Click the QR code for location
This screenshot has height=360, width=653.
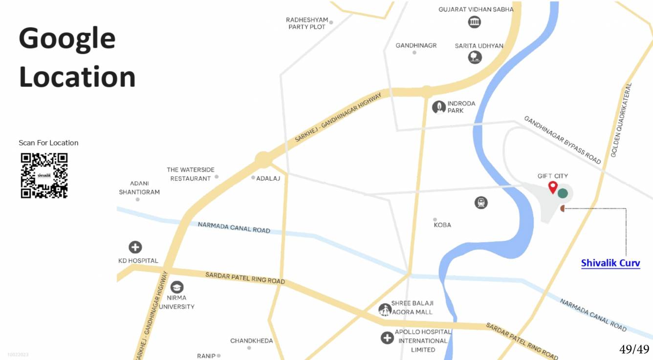click(x=44, y=176)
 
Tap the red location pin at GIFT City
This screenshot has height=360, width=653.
click(x=553, y=187)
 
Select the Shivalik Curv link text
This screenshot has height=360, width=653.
click(x=610, y=263)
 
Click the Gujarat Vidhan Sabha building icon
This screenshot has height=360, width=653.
click(x=474, y=21)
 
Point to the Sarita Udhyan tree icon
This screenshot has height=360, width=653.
click(x=475, y=58)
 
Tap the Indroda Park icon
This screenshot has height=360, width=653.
click(x=439, y=107)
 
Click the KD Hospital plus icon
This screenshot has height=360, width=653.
click(x=135, y=247)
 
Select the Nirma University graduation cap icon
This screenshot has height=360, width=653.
click(x=177, y=287)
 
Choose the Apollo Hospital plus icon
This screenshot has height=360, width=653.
click(x=387, y=338)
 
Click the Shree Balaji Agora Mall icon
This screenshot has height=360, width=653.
click(x=385, y=309)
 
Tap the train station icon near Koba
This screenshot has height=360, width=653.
click(x=481, y=203)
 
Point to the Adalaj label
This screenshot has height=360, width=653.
click(x=268, y=178)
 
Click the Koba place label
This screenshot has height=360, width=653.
click(x=442, y=225)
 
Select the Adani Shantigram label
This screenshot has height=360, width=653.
click(x=139, y=188)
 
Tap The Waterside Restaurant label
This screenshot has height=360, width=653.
click(x=191, y=174)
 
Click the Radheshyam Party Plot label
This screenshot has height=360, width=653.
click(x=307, y=23)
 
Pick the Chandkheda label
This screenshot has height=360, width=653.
click(x=252, y=340)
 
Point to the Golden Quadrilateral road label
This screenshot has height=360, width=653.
click(x=621, y=120)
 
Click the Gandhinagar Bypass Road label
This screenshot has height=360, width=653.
click(x=562, y=140)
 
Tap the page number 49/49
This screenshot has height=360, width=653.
click(x=634, y=349)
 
